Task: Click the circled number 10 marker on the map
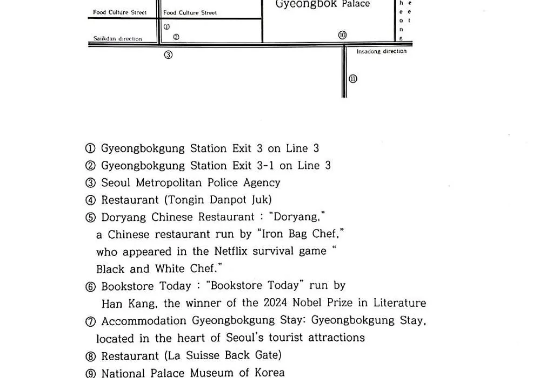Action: click(342, 35)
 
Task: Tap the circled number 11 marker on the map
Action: click(353, 79)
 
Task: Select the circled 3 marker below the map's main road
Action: click(168, 55)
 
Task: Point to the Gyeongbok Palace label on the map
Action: click(322, 4)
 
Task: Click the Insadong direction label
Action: click(382, 51)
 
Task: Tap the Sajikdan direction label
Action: click(118, 39)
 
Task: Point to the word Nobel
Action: click(307, 302)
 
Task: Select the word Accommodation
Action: click(144, 321)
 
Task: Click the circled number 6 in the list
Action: click(90, 287)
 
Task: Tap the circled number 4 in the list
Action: click(90, 200)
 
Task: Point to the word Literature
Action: click(400, 302)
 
